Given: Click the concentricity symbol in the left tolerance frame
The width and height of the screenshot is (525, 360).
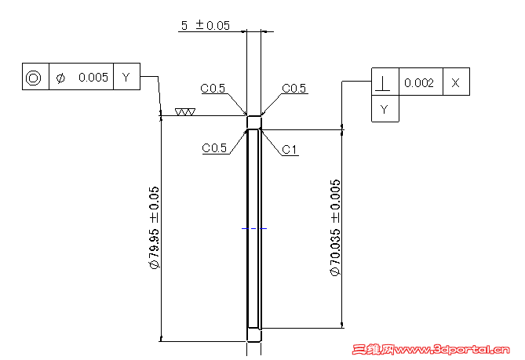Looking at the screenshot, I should [x=33, y=77].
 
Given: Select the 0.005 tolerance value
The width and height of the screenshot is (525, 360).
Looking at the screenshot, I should [x=93, y=77].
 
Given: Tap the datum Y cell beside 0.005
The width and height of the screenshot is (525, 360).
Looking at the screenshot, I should [x=126, y=77].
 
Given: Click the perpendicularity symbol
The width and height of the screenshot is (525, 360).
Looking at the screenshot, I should [x=384, y=82].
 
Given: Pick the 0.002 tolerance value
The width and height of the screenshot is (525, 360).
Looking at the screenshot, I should [x=419, y=82].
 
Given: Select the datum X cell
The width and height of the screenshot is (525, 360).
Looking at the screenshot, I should [x=456, y=82].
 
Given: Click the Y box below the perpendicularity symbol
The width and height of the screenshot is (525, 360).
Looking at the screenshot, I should [x=384, y=109].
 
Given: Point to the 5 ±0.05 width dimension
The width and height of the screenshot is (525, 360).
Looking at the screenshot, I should [x=205, y=25].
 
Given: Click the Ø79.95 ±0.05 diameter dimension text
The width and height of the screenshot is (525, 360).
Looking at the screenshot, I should [x=154, y=228].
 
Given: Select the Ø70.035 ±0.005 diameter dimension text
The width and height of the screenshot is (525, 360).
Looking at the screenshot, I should [x=336, y=228].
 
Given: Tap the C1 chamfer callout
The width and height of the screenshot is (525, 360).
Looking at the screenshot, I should [x=290, y=149].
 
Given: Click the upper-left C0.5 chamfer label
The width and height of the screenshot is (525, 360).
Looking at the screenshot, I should [x=213, y=89].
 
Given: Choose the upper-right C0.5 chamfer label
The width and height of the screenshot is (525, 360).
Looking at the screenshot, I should [x=293, y=89].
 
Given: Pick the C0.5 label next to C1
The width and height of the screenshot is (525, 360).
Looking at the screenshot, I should [x=214, y=147].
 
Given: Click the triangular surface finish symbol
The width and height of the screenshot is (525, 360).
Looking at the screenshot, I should [x=185, y=112].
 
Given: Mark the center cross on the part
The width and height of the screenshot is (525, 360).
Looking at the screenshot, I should [x=254, y=228].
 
